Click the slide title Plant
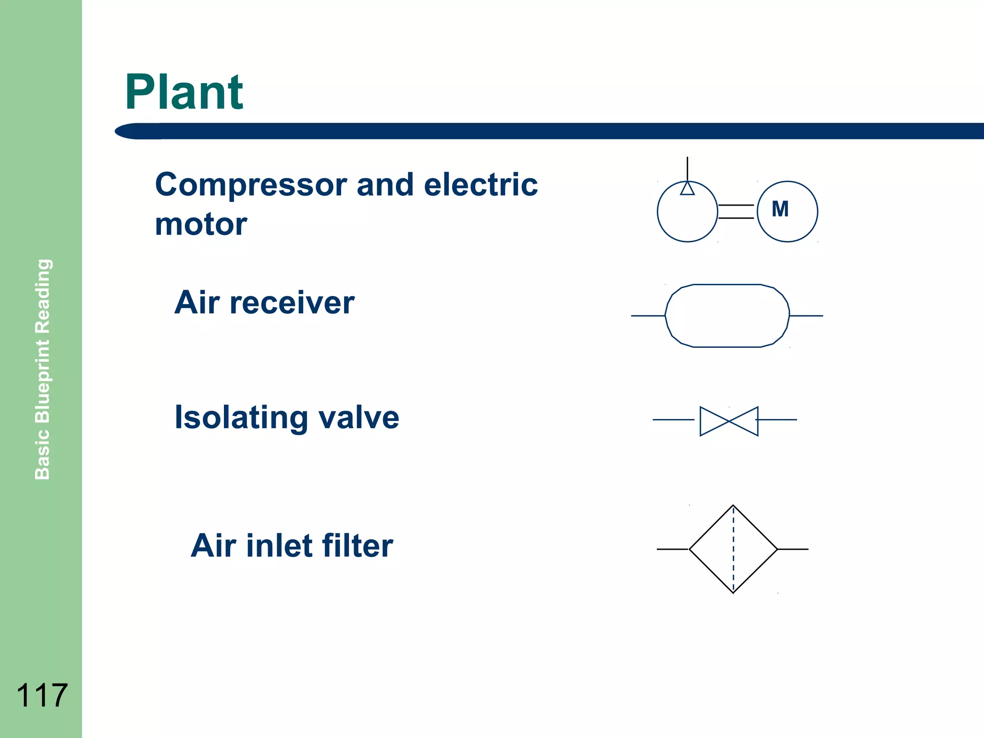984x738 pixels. point(184,92)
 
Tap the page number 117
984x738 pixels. point(42,695)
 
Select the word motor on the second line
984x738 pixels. point(201,224)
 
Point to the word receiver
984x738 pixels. point(292,303)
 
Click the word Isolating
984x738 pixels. point(241,418)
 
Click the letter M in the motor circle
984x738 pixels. point(780,209)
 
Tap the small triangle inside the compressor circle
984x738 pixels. point(687,188)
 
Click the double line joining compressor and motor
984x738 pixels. point(736,211)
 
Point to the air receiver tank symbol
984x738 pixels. point(727,316)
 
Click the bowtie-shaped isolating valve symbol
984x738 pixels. point(729,421)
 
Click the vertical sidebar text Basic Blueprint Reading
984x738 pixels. point(43,369)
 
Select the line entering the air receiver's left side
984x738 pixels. point(648,316)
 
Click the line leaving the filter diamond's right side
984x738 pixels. point(793,549)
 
